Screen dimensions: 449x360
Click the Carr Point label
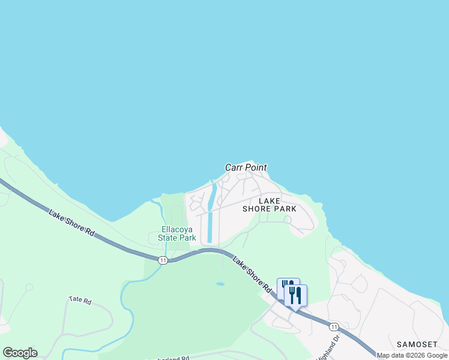pyautogui.click(x=246, y=168)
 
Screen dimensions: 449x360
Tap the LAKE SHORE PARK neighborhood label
pyautogui.click(x=270, y=205)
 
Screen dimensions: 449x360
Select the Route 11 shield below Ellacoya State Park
pyautogui.click(x=163, y=260)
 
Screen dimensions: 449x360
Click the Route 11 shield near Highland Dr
pyautogui.click(x=334, y=326)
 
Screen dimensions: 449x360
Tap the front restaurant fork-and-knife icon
pyautogui.click(x=295, y=295)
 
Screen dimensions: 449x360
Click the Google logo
pyautogui.click(x=20, y=353)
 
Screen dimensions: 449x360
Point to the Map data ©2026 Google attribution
pyautogui.click(x=412, y=355)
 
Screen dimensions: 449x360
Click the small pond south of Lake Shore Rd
pyautogui.click(x=220, y=284)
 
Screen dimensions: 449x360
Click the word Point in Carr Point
pyautogui.click(x=256, y=168)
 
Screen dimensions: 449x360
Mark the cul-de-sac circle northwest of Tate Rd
pyautogui.click(x=29, y=287)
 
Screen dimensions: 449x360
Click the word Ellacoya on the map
pyautogui.click(x=177, y=229)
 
